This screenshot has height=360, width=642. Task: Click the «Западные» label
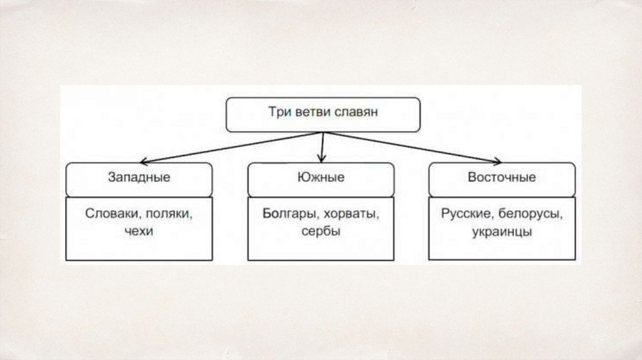[x=139, y=177]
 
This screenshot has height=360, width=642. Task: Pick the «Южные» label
[x=320, y=177]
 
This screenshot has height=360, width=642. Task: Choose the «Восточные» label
[x=502, y=177]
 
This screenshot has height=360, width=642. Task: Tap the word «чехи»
[x=139, y=231]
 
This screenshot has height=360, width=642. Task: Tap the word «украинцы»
[x=502, y=231]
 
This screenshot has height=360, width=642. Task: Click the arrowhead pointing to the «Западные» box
[x=142, y=161]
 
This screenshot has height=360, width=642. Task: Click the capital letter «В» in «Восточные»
[x=471, y=177]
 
